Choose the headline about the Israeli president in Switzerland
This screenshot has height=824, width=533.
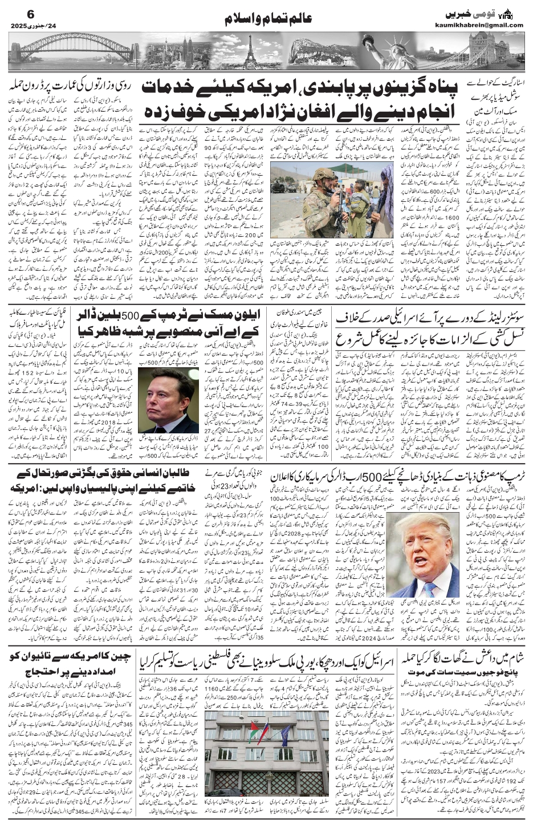(433, 332)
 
